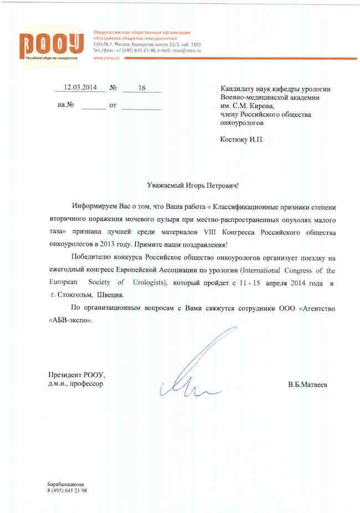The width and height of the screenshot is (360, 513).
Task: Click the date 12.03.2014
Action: click(81, 87)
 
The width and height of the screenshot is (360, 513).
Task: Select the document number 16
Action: click(141, 87)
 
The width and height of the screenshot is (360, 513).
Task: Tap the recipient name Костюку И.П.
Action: click(242, 139)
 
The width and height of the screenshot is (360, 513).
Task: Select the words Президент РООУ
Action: click(76, 374)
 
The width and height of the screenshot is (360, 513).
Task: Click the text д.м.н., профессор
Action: click(76, 383)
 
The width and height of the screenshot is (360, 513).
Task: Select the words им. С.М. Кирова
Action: click(247, 106)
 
